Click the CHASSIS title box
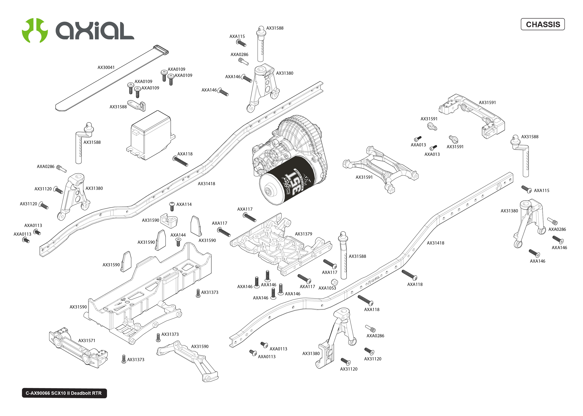(x=542, y=24)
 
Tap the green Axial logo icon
(x=35, y=30)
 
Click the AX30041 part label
(x=106, y=67)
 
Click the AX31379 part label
(x=303, y=234)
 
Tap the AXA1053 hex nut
(x=334, y=282)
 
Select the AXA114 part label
(x=184, y=204)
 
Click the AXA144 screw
(x=178, y=242)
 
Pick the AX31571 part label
(x=87, y=340)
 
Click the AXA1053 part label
(x=327, y=288)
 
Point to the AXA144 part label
(x=178, y=235)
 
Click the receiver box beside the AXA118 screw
(x=150, y=136)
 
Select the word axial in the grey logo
(x=95, y=31)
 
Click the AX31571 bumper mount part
(x=78, y=348)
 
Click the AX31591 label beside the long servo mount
(x=487, y=102)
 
